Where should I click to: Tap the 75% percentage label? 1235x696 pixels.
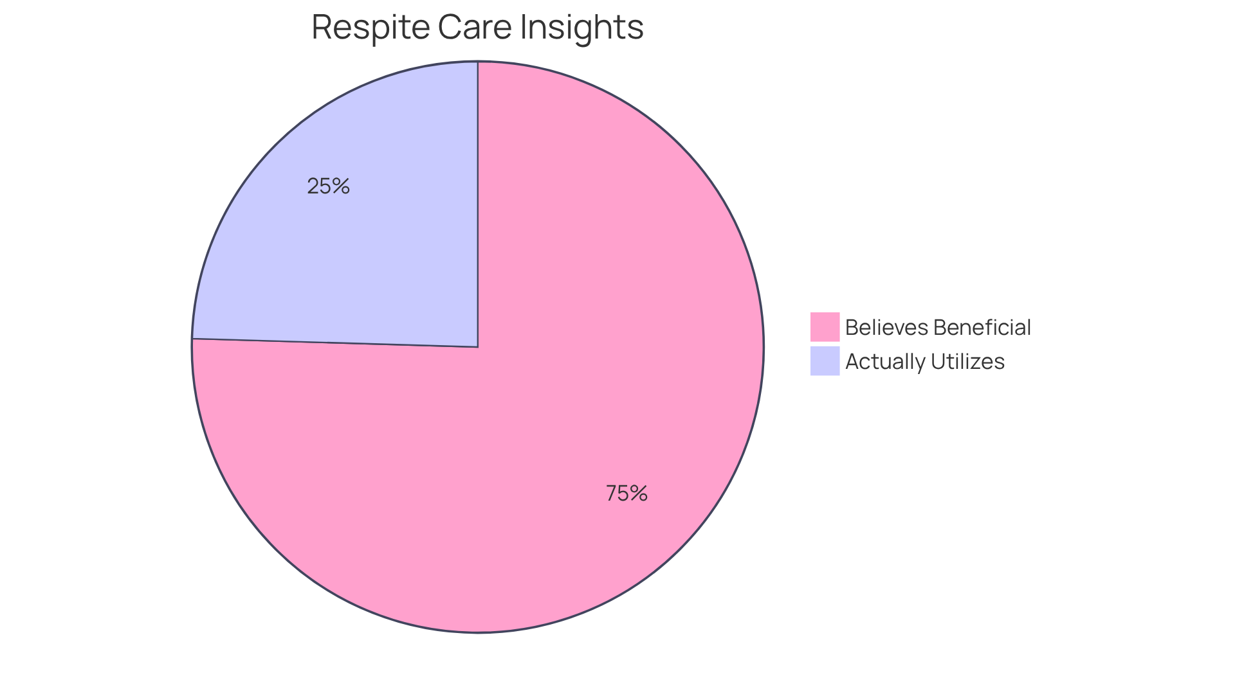point(627,494)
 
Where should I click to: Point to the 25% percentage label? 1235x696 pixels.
point(328,186)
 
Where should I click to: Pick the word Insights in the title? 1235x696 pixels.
point(581,28)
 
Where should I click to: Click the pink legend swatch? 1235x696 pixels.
point(825,326)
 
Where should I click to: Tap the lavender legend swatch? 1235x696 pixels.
point(825,361)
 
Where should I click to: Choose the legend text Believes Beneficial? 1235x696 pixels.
point(938,327)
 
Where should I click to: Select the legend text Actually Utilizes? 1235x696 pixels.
point(924,361)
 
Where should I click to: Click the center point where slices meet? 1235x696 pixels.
point(478,347)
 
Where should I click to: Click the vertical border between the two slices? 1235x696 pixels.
point(478,206)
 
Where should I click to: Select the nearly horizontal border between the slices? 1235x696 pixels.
point(334,343)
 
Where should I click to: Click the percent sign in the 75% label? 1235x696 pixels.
point(639,494)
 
